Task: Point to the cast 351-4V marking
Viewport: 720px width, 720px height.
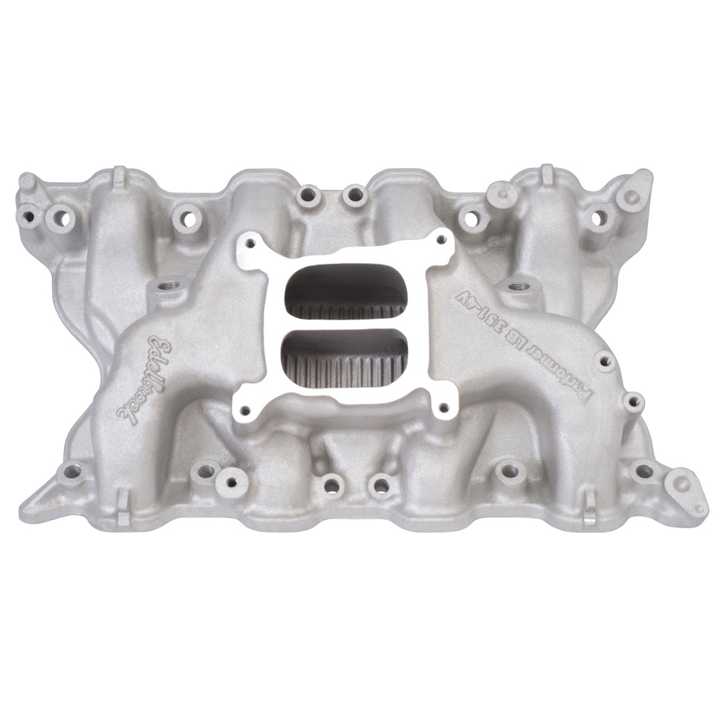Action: [x=490, y=305]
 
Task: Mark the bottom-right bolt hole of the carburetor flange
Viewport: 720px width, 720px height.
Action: [x=443, y=407]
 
